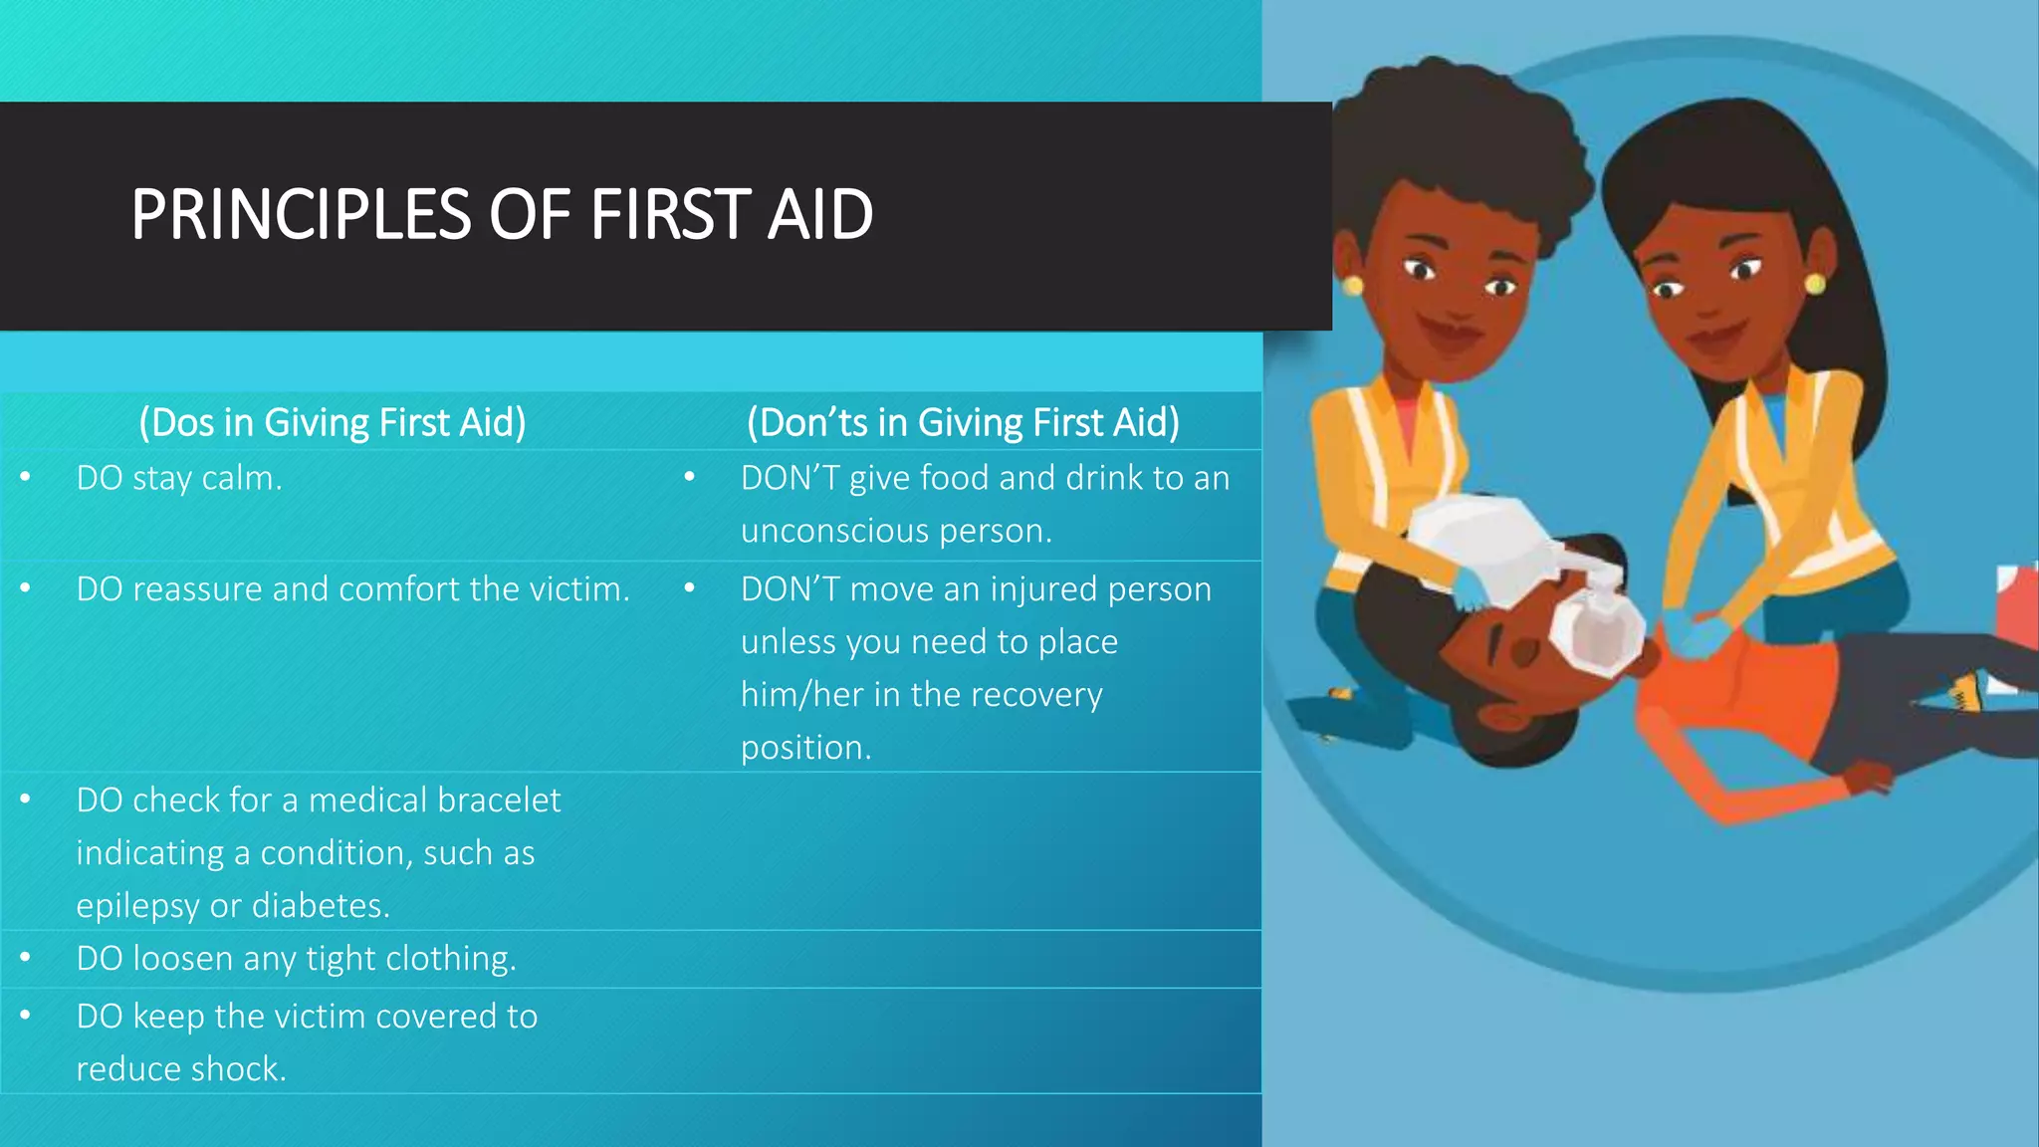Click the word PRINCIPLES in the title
(300, 215)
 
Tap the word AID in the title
(819, 215)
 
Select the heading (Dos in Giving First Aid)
(333, 422)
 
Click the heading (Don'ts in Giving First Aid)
(963, 422)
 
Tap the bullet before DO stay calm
(25, 478)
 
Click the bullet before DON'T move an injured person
(689, 588)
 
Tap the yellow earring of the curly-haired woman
(1352, 287)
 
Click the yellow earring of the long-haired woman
(1815, 284)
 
